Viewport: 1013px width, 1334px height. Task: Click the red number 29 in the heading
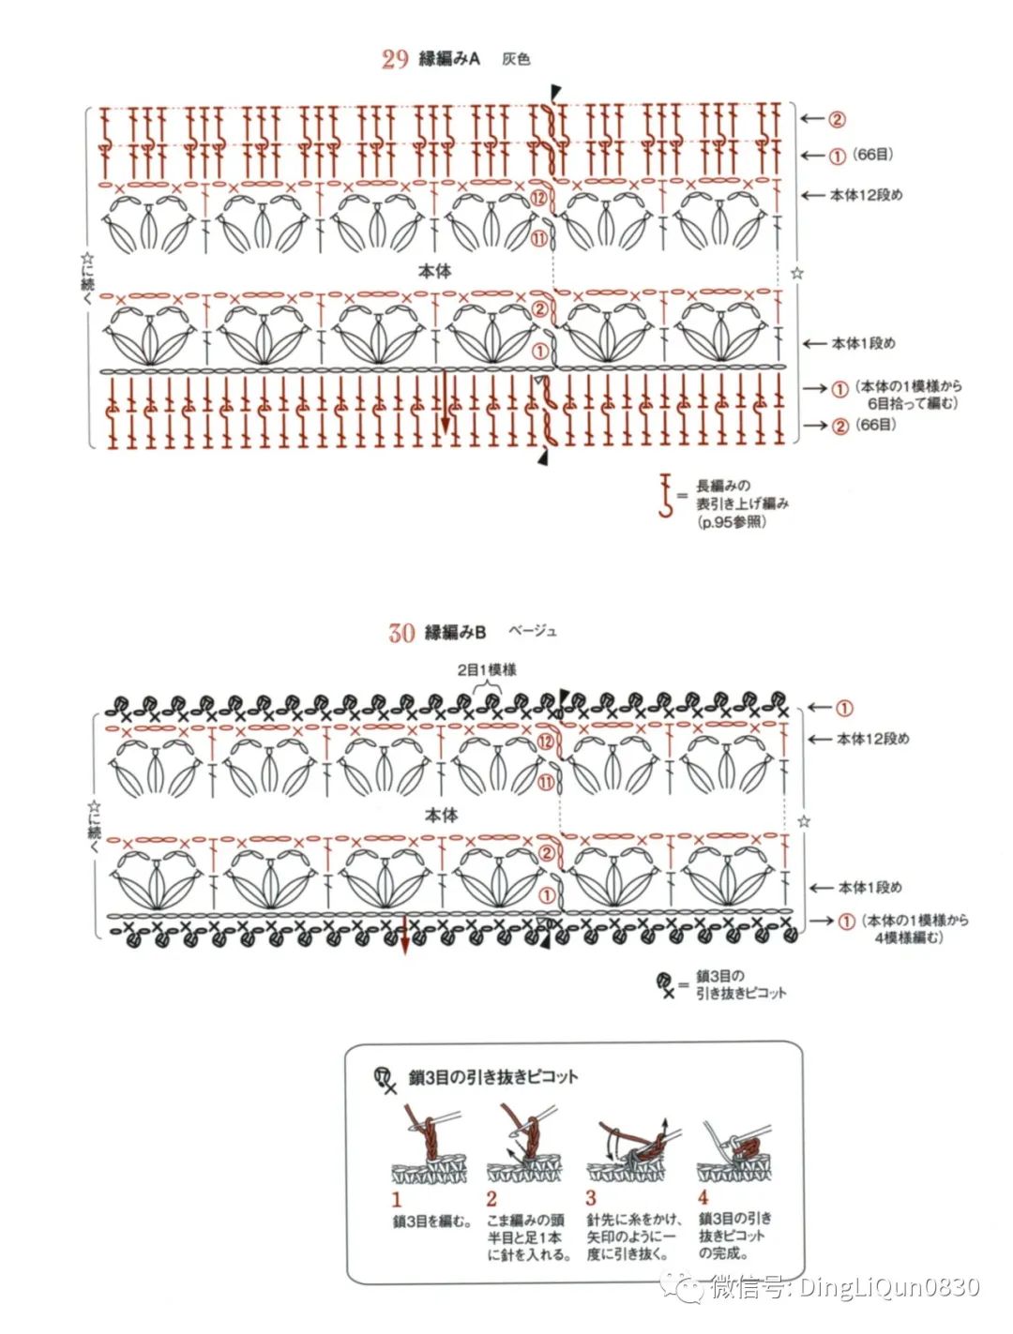(x=395, y=59)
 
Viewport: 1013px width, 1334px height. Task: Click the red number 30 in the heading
(x=401, y=633)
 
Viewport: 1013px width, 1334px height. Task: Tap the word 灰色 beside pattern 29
(x=516, y=59)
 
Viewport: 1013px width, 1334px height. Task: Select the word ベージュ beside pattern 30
(x=533, y=631)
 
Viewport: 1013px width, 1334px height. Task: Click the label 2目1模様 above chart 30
(x=487, y=669)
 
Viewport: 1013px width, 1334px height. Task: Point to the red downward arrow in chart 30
(x=404, y=938)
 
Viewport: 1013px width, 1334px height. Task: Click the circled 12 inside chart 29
(x=537, y=198)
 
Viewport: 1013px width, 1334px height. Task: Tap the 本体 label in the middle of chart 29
(x=434, y=271)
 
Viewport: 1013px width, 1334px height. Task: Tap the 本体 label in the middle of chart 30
(x=441, y=815)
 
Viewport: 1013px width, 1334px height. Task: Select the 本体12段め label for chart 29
(x=866, y=195)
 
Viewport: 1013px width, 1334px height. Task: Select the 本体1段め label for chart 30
(x=869, y=887)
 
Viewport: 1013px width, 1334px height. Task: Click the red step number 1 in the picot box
(x=396, y=1199)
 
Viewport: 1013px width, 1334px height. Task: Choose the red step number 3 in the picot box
(x=591, y=1198)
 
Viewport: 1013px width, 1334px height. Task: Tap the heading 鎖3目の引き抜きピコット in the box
(x=493, y=1077)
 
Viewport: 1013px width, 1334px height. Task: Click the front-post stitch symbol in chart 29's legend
(x=666, y=497)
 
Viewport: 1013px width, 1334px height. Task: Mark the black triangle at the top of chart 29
(x=556, y=91)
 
